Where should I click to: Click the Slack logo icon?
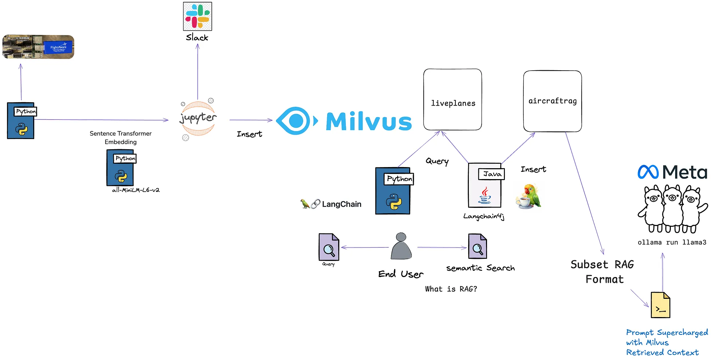[197, 16]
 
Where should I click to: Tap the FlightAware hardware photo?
[38, 47]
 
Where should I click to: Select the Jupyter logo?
[198, 118]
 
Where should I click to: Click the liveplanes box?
[452, 99]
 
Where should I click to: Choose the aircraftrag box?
[552, 101]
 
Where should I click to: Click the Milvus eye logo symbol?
[296, 121]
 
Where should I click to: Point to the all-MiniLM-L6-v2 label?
[136, 190]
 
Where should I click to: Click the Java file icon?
[485, 185]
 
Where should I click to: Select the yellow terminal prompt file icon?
[660, 305]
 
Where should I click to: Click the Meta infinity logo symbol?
[648, 172]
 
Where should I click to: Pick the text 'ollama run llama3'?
[672, 242]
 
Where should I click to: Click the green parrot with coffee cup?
[529, 196]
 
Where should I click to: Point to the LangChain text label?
[341, 204]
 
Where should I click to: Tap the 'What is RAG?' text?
[451, 289]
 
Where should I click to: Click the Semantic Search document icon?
[477, 246]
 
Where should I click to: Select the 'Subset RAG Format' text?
[603, 272]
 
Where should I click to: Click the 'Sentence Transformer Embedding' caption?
[120, 138]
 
